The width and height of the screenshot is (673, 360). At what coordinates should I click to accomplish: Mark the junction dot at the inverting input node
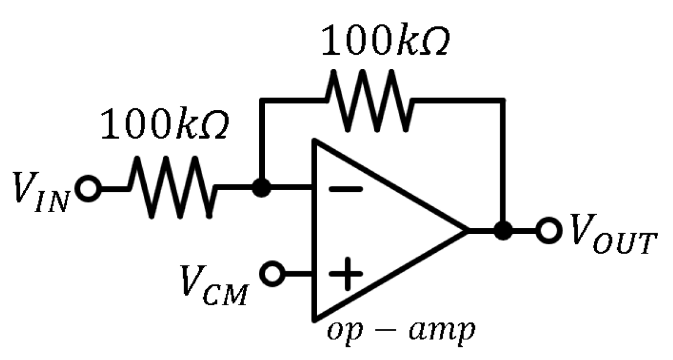(262, 188)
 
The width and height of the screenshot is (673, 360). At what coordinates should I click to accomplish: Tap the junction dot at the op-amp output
(504, 231)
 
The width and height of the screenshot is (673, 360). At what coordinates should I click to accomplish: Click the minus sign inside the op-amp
(345, 188)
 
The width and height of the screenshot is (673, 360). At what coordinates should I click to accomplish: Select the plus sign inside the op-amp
(345, 275)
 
